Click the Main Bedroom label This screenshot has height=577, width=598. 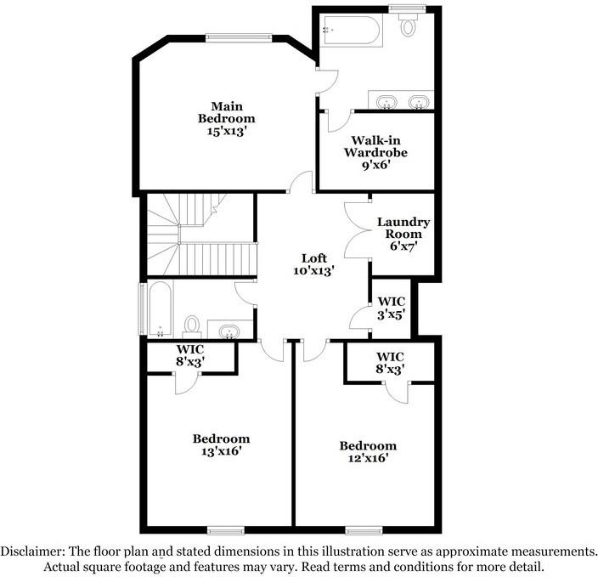[x=226, y=113]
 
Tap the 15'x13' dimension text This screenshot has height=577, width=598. [x=226, y=132]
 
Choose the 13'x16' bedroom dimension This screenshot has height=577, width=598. [x=221, y=451]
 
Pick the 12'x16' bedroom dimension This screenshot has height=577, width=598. [x=368, y=459]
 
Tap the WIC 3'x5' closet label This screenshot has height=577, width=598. [x=392, y=307]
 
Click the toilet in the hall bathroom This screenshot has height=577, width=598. [x=192, y=325]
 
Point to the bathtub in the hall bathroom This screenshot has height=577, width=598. [x=160, y=310]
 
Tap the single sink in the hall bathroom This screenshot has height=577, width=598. [x=229, y=330]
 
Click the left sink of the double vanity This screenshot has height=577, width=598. [x=387, y=103]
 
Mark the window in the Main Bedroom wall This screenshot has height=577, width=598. [x=239, y=37]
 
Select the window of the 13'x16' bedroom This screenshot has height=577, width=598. [x=221, y=530]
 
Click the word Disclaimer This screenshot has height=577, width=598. [x=31, y=551]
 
